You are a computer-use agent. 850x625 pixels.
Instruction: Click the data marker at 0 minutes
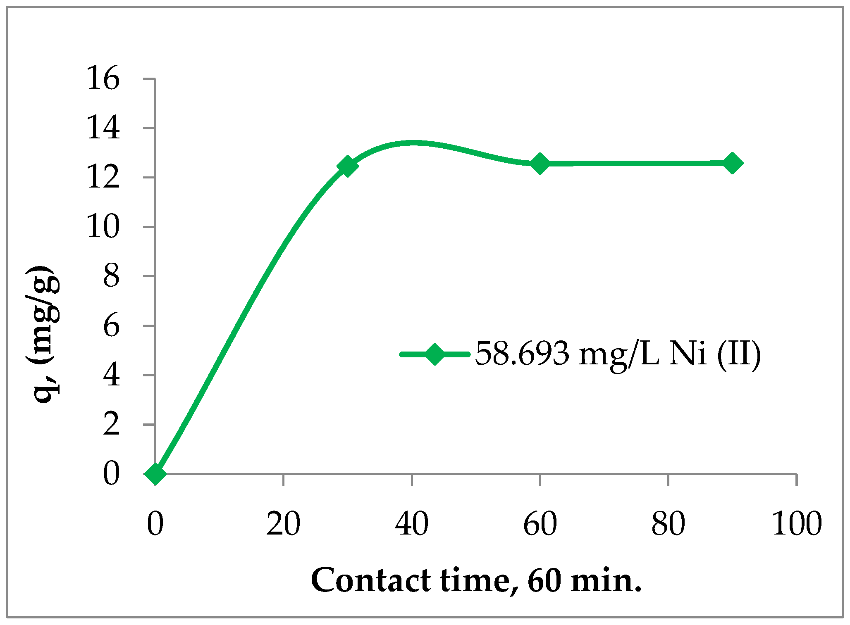click(155, 473)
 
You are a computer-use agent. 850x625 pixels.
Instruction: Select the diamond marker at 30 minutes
click(347, 166)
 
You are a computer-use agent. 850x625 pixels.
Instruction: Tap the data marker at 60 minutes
click(540, 164)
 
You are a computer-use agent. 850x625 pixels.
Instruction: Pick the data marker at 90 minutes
click(732, 163)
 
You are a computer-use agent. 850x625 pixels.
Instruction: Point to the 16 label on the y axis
click(103, 78)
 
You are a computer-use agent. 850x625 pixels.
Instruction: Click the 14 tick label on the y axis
click(103, 128)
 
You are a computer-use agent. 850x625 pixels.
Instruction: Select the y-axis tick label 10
click(103, 227)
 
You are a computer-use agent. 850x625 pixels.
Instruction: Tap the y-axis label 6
click(111, 326)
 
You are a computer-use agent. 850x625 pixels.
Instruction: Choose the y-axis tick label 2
click(111, 425)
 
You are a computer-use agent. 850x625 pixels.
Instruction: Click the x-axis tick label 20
click(283, 524)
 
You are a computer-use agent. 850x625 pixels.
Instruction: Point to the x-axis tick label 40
click(411, 524)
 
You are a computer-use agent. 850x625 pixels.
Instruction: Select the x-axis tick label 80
click(668, 524)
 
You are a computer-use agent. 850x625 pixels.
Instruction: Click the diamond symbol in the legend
click(435, 354)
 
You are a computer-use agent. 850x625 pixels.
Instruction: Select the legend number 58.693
click(522, 354)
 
